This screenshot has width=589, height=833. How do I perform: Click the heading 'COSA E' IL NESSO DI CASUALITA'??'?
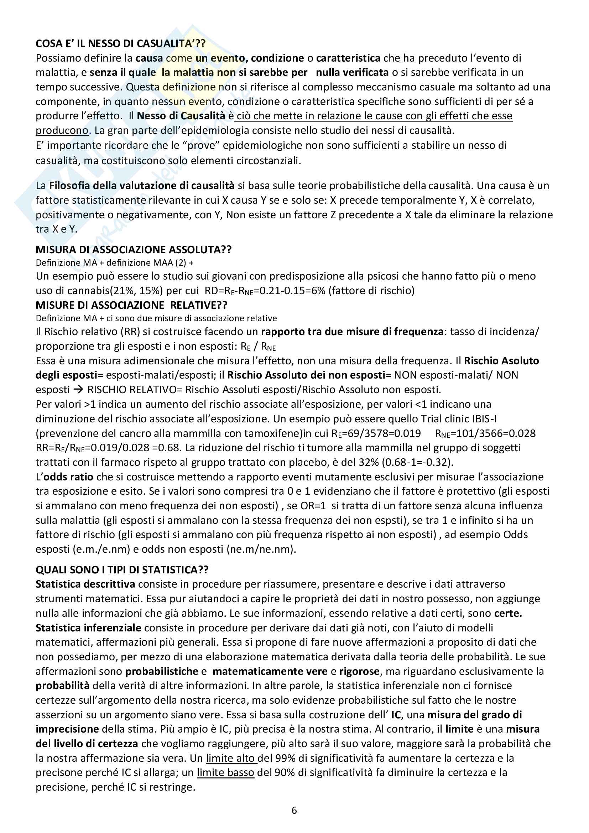click(120, 43)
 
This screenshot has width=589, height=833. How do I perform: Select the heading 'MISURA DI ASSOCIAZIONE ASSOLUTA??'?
click(134, 249)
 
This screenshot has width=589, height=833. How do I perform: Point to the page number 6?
click(294, 810)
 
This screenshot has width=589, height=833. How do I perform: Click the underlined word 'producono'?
click(62, 130)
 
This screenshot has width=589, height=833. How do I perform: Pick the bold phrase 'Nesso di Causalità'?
click(181, 116)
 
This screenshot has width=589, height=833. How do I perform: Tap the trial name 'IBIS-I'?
click(484, 419)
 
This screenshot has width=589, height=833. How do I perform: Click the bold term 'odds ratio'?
click(68, 477)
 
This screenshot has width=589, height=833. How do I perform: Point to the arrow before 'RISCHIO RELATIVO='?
click(78, 390)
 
